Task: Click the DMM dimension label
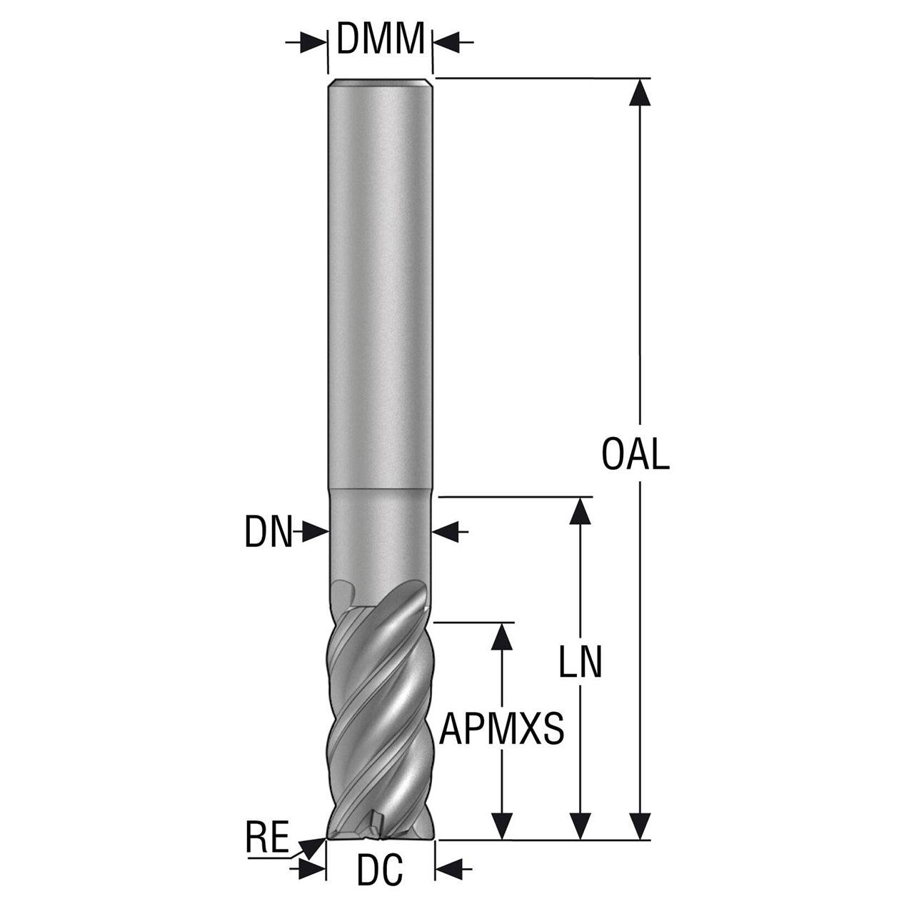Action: point(380,38)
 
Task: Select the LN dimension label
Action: point(580,661)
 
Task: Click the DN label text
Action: point(268,533)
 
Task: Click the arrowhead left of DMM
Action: point(313,43)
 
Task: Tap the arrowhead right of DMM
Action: point(446,43)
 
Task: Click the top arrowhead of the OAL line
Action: point(640,92)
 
